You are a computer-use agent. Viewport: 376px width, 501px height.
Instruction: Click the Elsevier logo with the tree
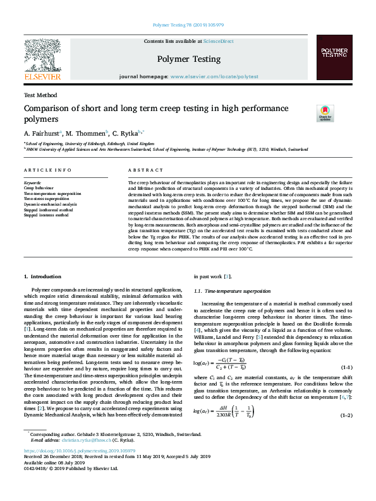coord(42,60)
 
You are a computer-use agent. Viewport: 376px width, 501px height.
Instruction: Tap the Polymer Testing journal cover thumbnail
coord(334,60)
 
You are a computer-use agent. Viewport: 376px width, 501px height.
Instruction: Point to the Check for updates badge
coord(307,113)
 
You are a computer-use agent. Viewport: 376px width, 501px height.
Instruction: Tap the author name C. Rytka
coord(128,134)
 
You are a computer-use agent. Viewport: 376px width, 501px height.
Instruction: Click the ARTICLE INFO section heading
coord(47,170)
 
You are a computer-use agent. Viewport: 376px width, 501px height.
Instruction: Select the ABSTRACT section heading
coord(146,170)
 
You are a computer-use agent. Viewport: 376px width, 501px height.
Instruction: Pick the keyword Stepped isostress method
coord(47,215)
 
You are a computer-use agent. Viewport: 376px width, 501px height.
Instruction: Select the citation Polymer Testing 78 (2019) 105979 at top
coord(188,26)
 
